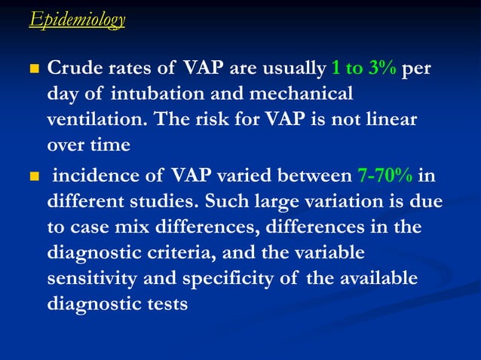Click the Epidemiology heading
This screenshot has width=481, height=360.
point(77,19)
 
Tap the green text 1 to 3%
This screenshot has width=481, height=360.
point(364,70)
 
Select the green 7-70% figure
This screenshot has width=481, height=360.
point(384,177)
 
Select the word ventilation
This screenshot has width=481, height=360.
point(95,119)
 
